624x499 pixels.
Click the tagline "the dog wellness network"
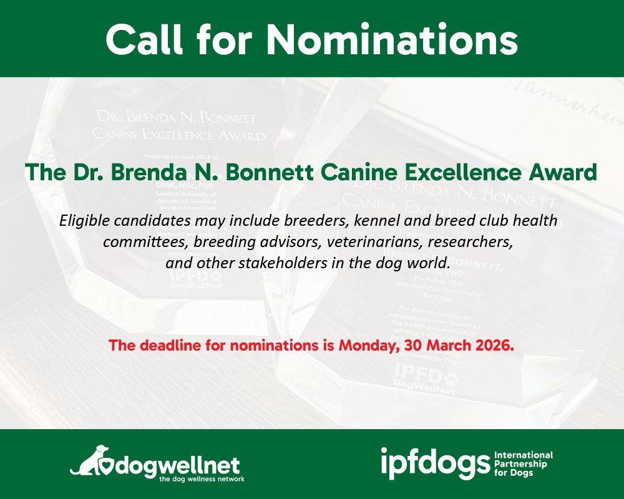point(202,479)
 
